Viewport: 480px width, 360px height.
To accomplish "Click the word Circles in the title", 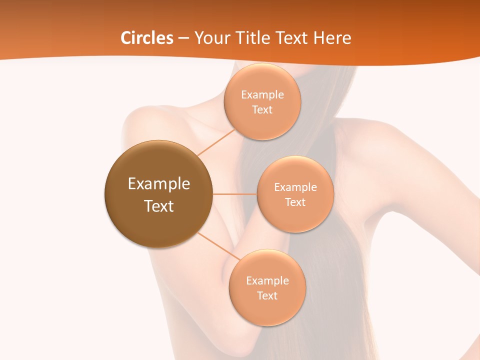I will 146,38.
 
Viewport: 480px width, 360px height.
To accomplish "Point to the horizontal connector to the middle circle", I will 235,194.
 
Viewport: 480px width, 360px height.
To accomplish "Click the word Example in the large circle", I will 158,184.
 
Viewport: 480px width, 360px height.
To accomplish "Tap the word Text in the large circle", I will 158,206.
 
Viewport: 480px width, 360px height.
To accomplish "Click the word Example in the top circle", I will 262,95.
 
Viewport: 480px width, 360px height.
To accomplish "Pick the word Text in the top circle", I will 262,109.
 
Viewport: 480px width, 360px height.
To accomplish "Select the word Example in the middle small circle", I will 295,187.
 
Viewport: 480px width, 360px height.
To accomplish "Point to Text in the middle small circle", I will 295,202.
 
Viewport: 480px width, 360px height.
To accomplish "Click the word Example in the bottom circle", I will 267,281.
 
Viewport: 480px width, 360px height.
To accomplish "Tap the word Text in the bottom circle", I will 267,295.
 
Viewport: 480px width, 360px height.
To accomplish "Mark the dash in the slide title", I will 183,38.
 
